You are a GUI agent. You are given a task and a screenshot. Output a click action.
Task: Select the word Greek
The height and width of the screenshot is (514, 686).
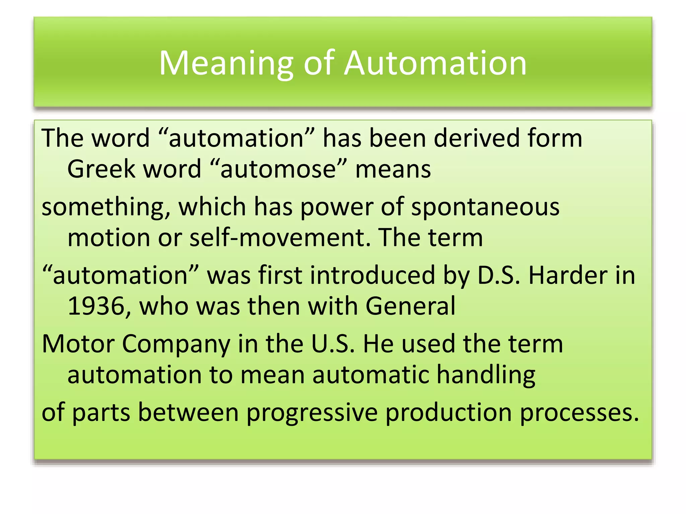(x=101, y=169)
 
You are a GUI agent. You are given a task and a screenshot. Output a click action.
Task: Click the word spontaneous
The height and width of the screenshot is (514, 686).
(x=485, y=206)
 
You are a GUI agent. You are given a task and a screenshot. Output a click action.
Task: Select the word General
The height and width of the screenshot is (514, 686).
(x=410, y=306)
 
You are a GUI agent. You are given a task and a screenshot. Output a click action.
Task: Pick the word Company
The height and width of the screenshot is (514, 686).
(x=176, y=344)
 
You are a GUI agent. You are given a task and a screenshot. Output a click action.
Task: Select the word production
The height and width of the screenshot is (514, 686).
(x=449, y=413)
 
